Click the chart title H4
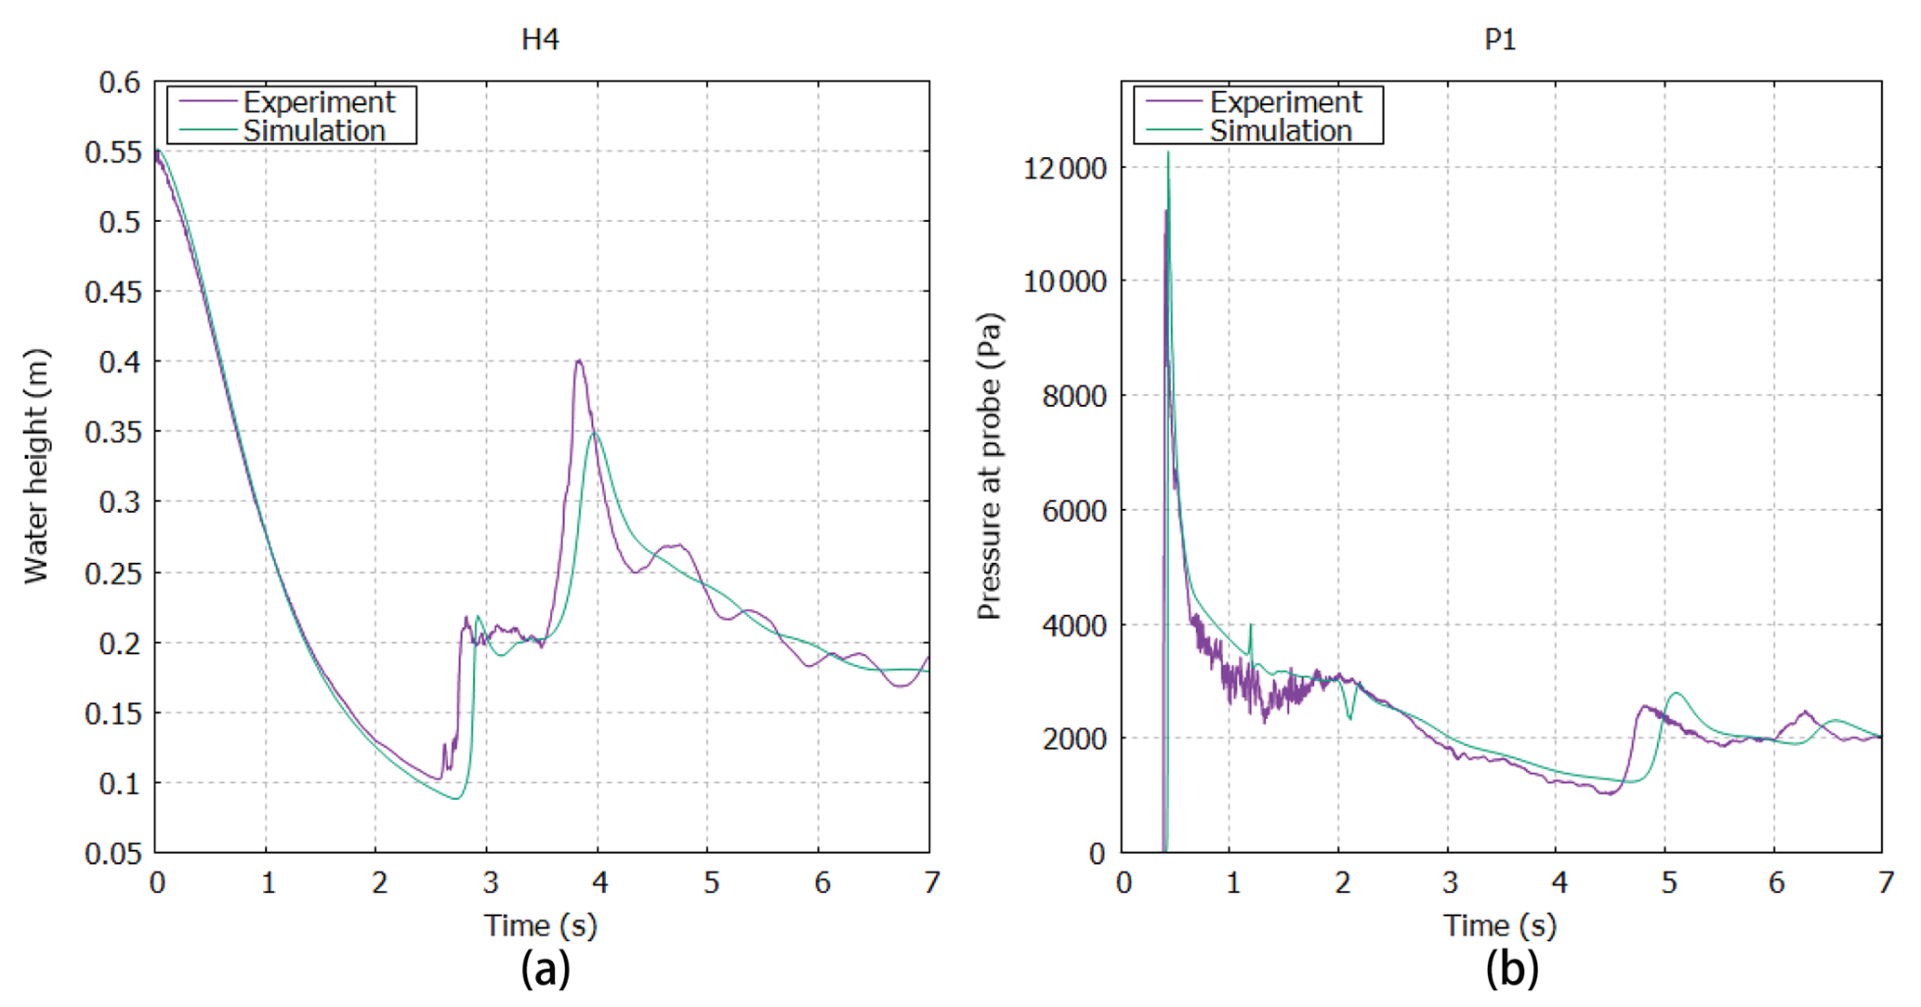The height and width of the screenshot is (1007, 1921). tap(540, 40)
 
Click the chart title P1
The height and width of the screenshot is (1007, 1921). tap(1500, 40)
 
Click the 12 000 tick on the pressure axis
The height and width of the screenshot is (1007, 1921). tap(1065, 168)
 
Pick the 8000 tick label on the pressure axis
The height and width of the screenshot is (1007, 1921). tap(1074, 397)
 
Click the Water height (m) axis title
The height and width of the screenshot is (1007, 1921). tap(36, 466)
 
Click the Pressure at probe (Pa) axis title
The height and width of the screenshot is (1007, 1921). tap(990, 466)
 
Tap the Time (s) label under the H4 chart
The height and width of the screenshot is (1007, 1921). tap(540, 925)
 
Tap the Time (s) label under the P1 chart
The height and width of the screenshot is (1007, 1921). tap(1499, 925)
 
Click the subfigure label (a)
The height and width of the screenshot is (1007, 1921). tap(545, 969)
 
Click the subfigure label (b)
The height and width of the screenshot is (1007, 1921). tap(1511, 969)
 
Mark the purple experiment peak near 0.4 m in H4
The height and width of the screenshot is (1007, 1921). tap(578, 361)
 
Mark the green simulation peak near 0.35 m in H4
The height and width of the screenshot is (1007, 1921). tap(595, 432)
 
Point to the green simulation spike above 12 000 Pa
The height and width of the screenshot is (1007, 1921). tap(1168, 153)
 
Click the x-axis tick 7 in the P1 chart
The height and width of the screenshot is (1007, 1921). tap(1885, 882)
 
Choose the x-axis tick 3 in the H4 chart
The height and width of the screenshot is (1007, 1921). tap(490, 882)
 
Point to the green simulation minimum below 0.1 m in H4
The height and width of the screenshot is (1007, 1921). tap(456, 798)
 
